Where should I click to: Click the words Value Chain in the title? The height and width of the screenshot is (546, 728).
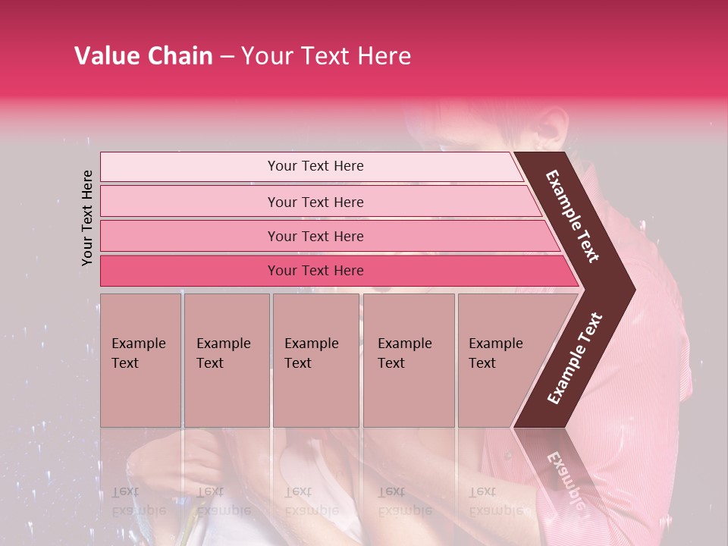pyautogui.click(x=143, y=56)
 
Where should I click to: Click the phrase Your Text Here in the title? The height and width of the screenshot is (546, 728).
pyautogui.click(x=326, y=56)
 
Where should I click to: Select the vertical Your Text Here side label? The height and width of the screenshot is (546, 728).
pyautogui.click(x=87, y=218)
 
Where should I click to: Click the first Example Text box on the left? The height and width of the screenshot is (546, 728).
pyautogui.click(x=140, y=360)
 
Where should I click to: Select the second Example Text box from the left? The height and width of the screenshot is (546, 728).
pyautogui.click(x=226, y=360)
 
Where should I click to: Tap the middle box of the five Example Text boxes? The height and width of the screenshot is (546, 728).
pyautogui.click(x=315, y=360)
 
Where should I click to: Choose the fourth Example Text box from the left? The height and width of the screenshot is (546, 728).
pyautogui.click(x=408, y=360)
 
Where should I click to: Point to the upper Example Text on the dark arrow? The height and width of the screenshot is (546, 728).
pyautogui.click(x=573, y=216)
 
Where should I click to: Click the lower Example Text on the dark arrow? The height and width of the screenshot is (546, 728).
pyautogui.click(x=574, y=359)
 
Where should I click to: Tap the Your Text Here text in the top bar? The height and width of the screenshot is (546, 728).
pyautogui.click(x=315, y=166)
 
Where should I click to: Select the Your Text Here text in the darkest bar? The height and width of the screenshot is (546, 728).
pyautogui.click(x=315, y=271)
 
